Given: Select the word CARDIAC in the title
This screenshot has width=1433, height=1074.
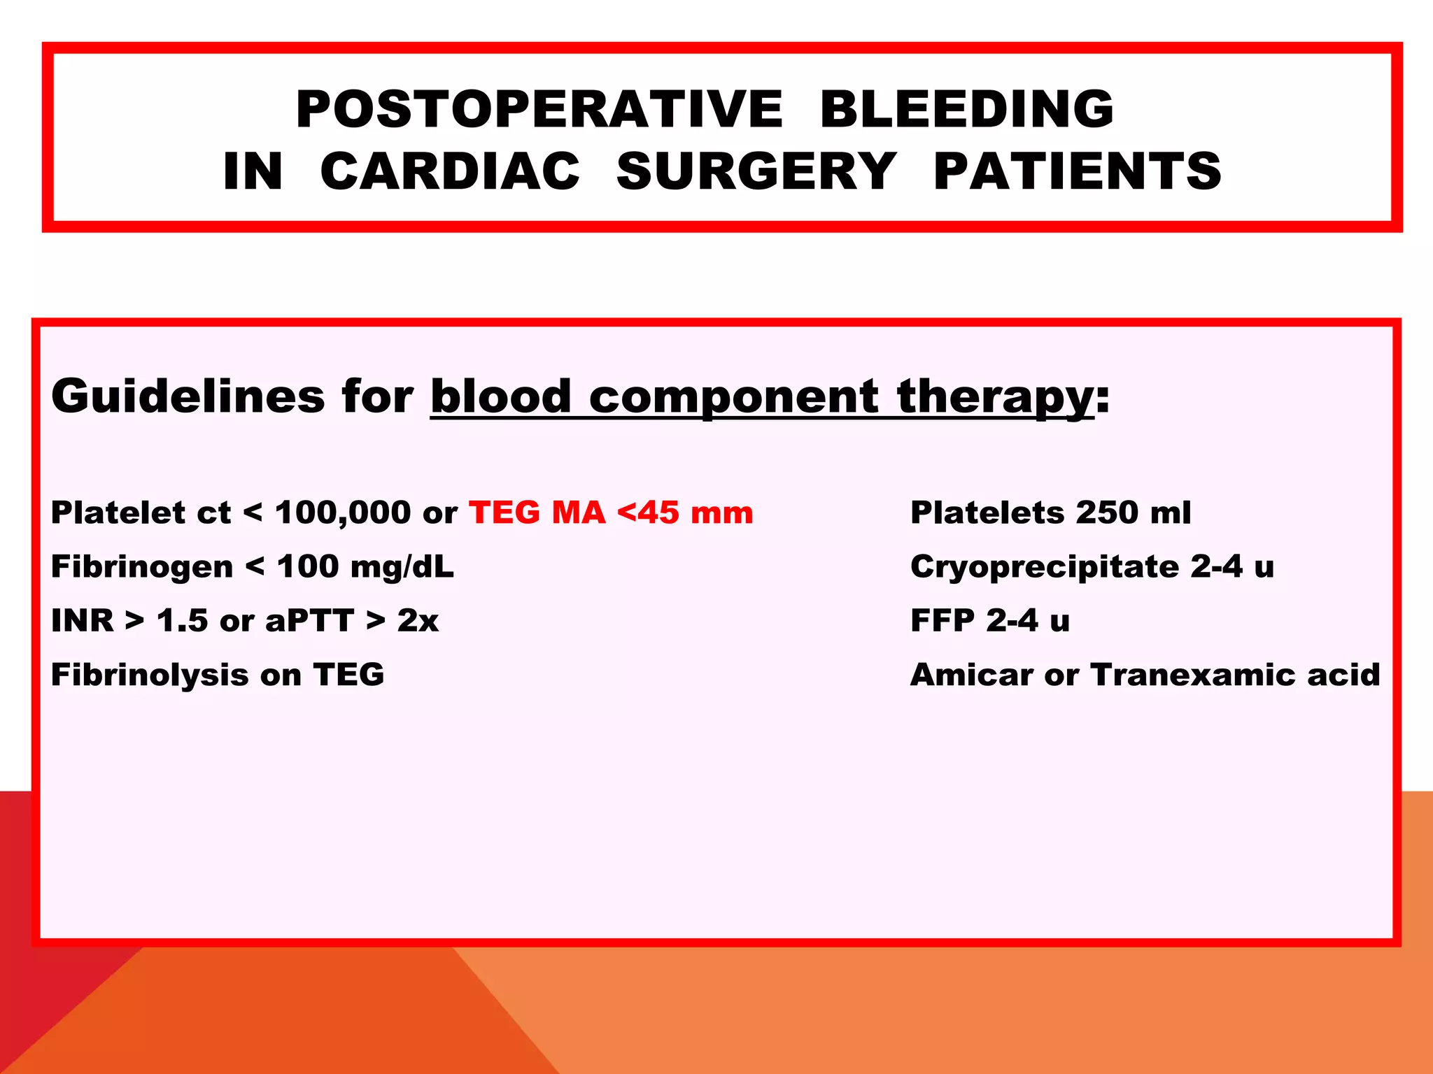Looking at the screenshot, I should (x=450, y=171).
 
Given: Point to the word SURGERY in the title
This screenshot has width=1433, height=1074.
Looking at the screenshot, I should (x=756, y=171).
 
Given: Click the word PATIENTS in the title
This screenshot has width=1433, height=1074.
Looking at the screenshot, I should (x=1078, y=171).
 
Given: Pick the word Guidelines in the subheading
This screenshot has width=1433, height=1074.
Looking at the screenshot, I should (x=188, y=396).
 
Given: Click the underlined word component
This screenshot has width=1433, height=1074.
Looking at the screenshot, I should (x=733, y=396).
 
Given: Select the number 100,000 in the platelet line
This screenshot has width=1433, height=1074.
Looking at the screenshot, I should (x=343, y=513).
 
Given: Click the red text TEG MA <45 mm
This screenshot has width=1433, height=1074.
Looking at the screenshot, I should (x=611, y=513).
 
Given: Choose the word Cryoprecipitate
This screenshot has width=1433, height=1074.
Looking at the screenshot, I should (x=1045, y=567).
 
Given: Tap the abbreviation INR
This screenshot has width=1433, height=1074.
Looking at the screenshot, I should (x=82, y=621).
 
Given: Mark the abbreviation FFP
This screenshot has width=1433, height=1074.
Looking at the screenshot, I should (x=943, y=621).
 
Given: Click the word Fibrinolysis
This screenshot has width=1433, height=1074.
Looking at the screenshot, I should (x=150, y=675).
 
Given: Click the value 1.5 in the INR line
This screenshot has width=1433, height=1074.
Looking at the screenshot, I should (x=182, y=621).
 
